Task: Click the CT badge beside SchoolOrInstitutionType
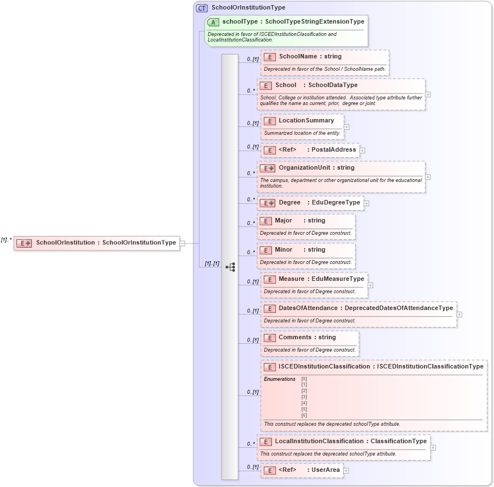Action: click(202, 8)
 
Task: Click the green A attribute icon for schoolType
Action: click(213, 22)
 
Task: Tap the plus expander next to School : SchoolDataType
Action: click(428, 94)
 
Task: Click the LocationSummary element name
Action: click(306, 120)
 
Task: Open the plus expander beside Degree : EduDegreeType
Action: click(366, 203)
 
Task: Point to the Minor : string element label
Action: click(300, 249)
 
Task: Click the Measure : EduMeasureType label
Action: click(321, 279)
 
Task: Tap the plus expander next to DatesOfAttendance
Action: click(460, 315)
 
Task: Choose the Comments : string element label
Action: click(307, 337)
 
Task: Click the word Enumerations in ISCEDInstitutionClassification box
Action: click(280, 379)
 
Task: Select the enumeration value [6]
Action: click(304, 415)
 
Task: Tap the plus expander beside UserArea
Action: click(346, 471)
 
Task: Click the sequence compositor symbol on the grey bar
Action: click(230, 267)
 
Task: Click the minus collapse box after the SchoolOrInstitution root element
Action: click(182, 243)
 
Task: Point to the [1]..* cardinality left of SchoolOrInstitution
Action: click(6, 240)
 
